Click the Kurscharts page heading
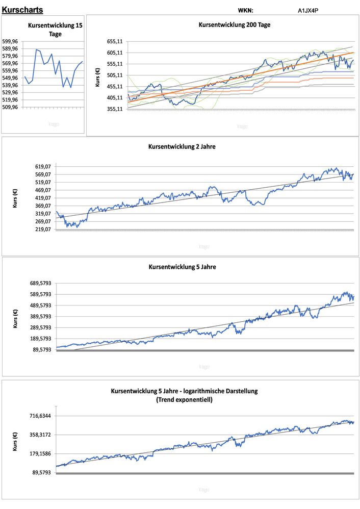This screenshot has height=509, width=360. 22,10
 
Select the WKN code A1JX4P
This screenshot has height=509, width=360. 308,10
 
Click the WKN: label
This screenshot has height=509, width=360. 245,10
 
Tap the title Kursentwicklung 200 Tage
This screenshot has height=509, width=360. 234,24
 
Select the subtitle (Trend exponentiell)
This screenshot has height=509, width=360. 184,400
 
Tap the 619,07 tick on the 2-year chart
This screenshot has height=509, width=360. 41,166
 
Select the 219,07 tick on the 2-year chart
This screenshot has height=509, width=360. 41,230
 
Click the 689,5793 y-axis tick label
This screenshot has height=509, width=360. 38,283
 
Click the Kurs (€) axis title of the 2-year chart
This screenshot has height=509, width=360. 15,197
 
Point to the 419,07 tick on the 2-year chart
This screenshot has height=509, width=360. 41,198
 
